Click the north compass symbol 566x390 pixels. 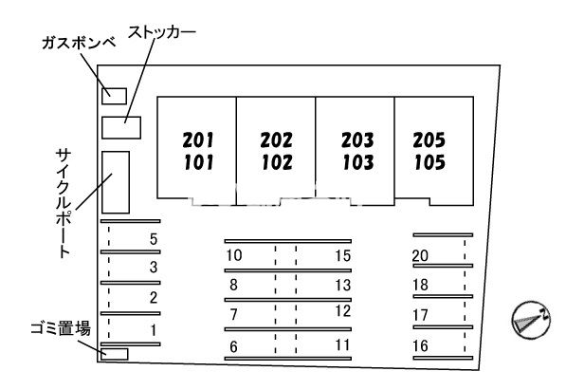point(531,320)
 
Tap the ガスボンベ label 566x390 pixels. point(79,44)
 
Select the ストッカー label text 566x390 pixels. point(162,32)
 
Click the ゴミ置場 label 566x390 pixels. point(61,329)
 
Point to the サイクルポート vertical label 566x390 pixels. point(64,203)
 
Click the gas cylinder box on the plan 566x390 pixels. point(114,96)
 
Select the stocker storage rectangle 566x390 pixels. point(121,127)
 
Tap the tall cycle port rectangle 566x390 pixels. point(116,182)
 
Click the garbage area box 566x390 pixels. point(115,354)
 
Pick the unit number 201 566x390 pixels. point(198,140)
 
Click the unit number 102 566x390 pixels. point(277,162)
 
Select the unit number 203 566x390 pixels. point(357,140)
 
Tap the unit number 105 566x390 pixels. point(429,162)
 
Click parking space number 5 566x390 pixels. point(154,239)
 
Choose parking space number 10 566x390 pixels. point(234,255)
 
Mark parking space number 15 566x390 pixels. point(343,256)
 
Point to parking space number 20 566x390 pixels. point(420,256)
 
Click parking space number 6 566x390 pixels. point(233,347)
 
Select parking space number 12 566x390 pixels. point(343,311)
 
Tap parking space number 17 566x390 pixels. point(421,316)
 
